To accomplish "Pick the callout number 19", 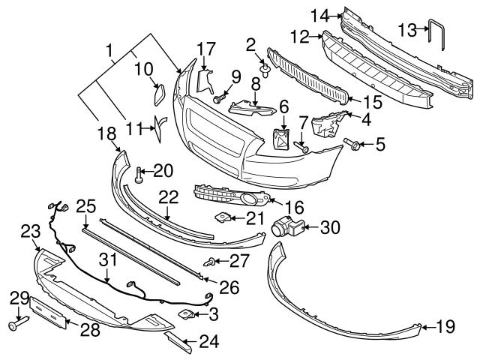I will click(445, 325).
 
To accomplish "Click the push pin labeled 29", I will click(18, 325).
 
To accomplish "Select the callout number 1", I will click(109, 52).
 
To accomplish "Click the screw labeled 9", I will click(220, 97).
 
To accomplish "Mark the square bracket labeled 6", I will click(283, 139).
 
